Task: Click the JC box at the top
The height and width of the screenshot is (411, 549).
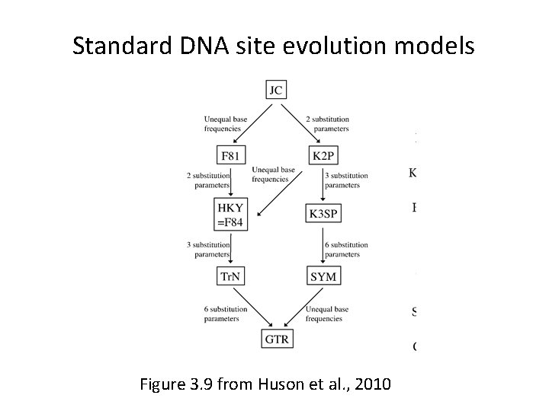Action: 276,90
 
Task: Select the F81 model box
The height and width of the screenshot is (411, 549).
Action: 232,155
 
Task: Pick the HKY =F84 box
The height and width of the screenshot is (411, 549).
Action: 232,214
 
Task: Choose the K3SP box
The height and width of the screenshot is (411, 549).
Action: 323,214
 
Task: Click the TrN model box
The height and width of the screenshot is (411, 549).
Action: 232,277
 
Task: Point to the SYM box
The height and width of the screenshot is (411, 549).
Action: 323,277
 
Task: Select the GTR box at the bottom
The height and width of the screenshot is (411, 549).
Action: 276,339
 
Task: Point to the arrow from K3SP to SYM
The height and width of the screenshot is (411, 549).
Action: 323,245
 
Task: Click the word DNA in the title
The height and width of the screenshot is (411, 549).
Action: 203,46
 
